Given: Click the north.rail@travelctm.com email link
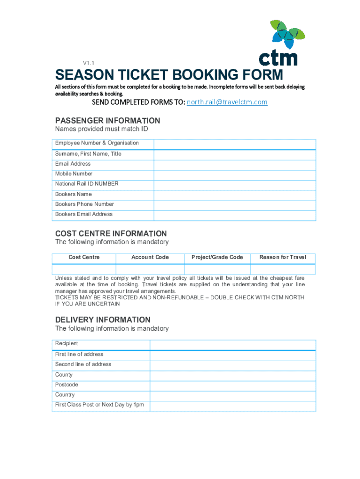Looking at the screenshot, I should [x=227, y=102].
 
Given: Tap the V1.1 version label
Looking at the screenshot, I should [x=89, y=63].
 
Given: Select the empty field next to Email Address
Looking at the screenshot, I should [x=235, y=164].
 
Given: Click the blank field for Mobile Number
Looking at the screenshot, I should [x=235, y=174].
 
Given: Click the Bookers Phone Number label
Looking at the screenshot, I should [x=85, y=204].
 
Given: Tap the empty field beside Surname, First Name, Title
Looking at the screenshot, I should [x=235, y=154].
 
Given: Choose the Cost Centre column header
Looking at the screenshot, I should [x=84, y=257].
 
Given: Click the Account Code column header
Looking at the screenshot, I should [x=150, y=257].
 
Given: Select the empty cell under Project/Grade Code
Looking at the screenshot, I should [x=217, y=269].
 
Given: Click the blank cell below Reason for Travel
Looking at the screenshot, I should [x=283, y=269].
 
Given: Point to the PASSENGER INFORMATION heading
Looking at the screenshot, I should [x=108, y=120].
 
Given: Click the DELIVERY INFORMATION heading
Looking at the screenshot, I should [x=103, y=320].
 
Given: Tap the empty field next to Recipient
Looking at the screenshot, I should [x=233, y=344].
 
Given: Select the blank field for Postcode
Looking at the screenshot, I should [x=233, y=385].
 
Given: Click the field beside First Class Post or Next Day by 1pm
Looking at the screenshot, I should [x=233, y=406].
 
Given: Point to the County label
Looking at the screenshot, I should [x=64, y=375].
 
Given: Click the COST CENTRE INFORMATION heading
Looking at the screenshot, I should [x=111, y=233].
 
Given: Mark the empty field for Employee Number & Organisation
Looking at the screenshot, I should [x=235, y=144].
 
